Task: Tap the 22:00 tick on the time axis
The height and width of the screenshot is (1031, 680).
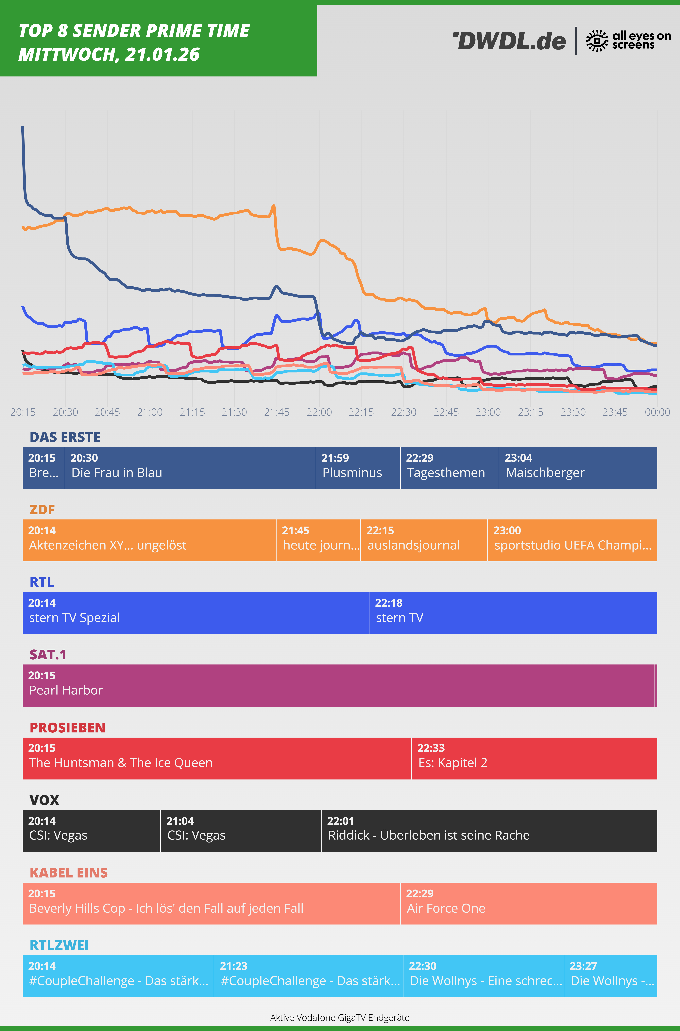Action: (319, 412)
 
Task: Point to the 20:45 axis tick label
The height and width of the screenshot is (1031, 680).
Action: (108, 412)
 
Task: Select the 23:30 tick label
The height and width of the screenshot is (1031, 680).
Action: (573, 412)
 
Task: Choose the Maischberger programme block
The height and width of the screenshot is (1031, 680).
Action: (578, 468)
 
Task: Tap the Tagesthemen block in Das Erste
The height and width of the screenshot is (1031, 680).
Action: (449, 468)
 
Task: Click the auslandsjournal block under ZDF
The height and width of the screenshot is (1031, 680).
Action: (424, 540)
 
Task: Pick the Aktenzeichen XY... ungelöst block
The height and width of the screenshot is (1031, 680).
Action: (149, 540)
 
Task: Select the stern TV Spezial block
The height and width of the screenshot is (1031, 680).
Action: (196, 613)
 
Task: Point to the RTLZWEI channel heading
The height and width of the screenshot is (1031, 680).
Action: (59, 945)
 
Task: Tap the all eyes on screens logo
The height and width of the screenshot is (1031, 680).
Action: (628, 41)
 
